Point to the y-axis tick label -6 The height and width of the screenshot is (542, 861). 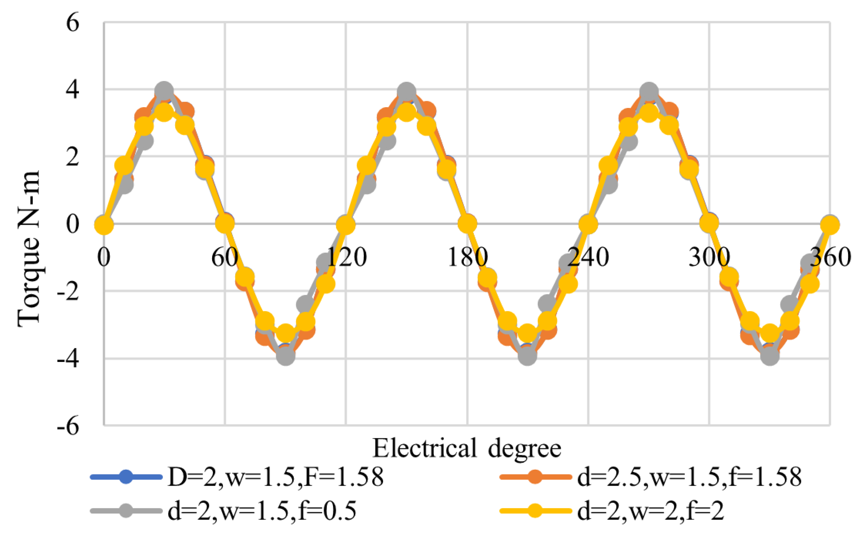(x=68, y=426)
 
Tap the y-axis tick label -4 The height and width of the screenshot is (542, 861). (x=68, y=359)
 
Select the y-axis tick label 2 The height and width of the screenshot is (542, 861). (x=72, y=157)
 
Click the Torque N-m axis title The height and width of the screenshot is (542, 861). (x=29, y=248)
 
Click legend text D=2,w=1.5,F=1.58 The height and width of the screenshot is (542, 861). (x=276, y=477)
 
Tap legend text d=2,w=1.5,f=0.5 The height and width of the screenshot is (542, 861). (x=262, y=511)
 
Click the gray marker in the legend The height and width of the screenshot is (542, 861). (x=126, y=511)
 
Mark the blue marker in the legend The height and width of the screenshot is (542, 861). (x=126, y=477)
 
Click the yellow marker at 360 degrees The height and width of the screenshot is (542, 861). (x=830, y=225)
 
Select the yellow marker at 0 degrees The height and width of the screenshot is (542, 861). (x=104, y=225)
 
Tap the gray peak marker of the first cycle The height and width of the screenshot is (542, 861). (x=164, y=91)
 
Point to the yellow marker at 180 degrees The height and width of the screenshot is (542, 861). (x=467, y=224)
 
